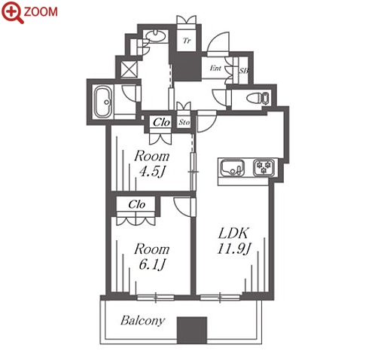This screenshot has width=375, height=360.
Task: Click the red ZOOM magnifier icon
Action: click(12, 12)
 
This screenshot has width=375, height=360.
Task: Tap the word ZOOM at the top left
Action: click(41, 12)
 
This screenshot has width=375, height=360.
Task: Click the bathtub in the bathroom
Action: click(103, 102)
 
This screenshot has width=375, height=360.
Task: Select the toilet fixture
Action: click(258, 98)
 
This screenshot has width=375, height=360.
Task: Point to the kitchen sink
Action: click(232, 167)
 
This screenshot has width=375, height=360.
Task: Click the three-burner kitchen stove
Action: click(264, 168)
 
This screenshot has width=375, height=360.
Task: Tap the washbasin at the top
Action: click(155, 35)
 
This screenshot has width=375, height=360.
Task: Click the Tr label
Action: click(187, 41)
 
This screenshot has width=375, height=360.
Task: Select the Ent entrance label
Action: click(215, 68)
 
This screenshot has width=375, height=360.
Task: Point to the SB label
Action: click(243, 71)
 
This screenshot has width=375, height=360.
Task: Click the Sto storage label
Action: click(184, 123)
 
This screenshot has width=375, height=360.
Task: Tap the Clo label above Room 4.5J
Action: click(161, 123)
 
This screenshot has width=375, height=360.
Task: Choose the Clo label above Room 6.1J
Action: click(136, 205)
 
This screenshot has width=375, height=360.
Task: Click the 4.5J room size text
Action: click(151, 172)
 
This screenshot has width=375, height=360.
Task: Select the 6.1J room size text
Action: click(151, 264)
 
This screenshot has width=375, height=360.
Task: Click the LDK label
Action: click(233, 233)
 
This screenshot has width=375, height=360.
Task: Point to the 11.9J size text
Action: click(233, 249)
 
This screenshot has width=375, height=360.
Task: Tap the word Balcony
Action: click(142, 321)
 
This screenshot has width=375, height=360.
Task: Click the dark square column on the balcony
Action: click(192, 331)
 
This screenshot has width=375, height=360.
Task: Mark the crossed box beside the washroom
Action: click(129, 69)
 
